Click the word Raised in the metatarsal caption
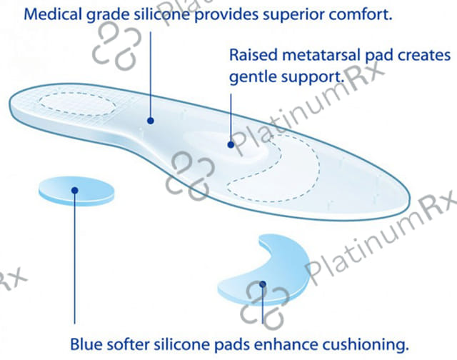(x=252, y=55)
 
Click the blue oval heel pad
(x=76, y=191)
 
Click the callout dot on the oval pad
(x=74, y=190)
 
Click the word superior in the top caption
(x=291, y=14)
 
